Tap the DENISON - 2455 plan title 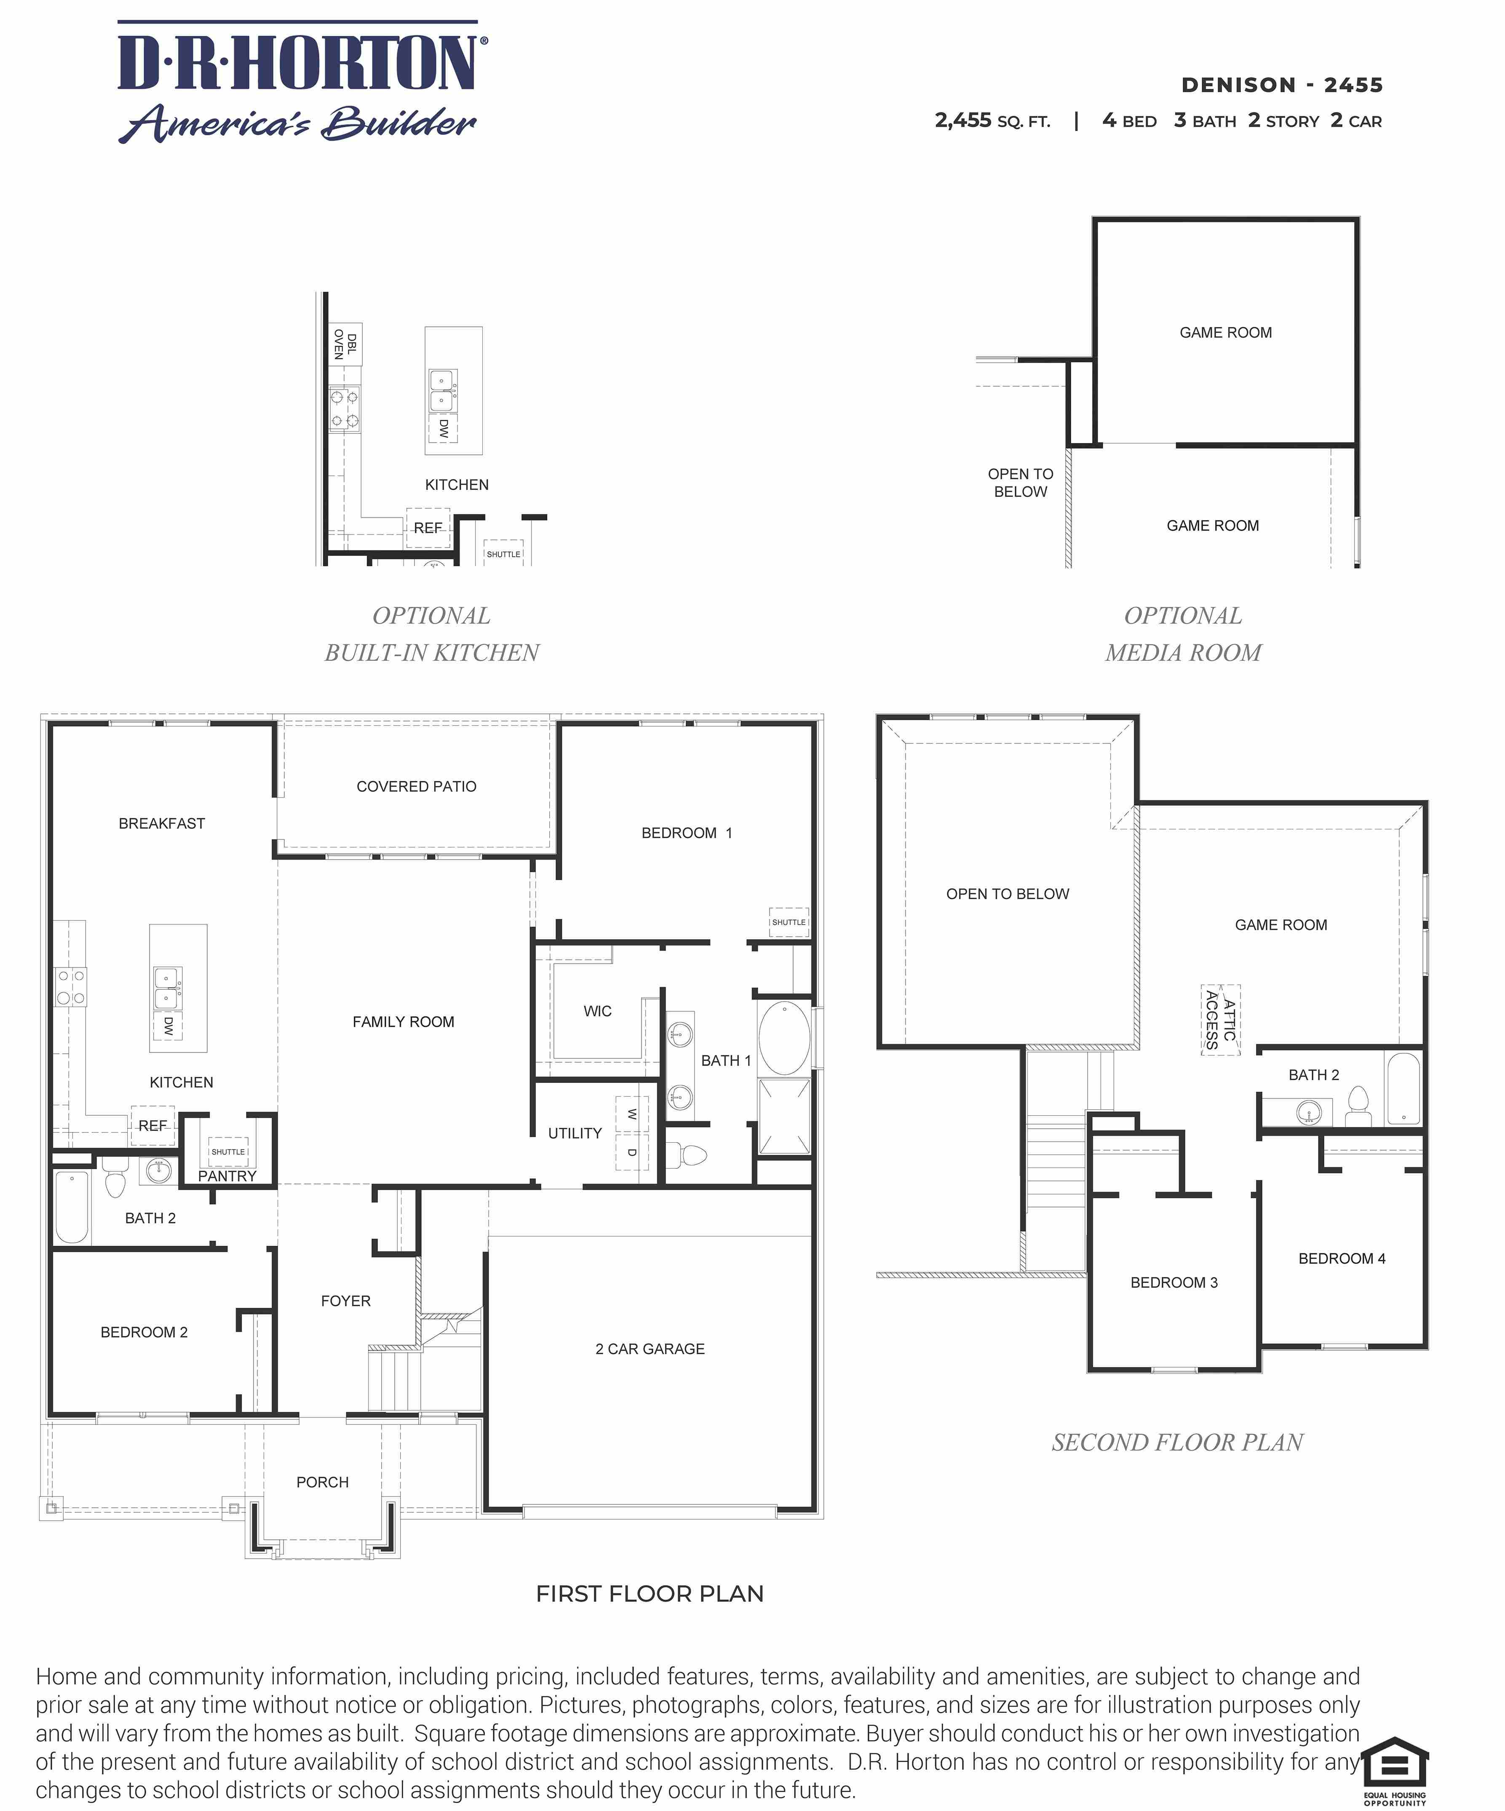pos(1282,85)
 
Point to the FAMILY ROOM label pos(403,1022)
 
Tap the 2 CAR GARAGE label pos(650,1349)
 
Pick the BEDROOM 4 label pos(1341,1258)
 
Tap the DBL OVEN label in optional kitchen pos(345,344)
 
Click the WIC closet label pos(597,1011)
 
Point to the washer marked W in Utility pos(631,1114)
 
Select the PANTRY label pos(227,1176)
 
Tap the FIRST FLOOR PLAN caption pos(650,1594)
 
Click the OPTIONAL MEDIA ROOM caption pos(1182,634)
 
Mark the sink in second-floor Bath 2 pos(1308,1112)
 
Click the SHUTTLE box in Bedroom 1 pos(788,922)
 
